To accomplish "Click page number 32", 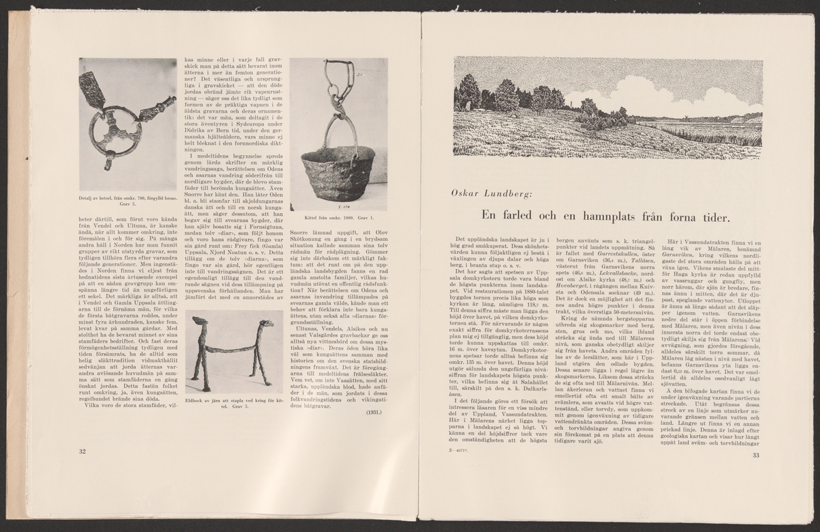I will [83, 451].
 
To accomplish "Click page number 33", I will [756, 456].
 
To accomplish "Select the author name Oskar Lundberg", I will [488, 193].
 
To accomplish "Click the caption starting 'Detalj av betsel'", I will [128, 199].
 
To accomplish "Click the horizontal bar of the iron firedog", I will [232, 349].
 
